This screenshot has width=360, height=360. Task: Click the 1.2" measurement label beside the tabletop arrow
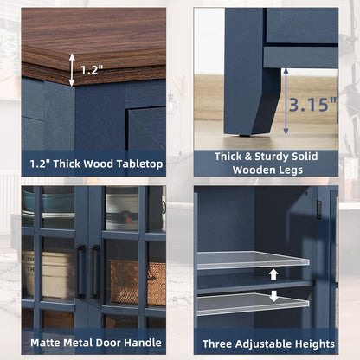coord(92,70)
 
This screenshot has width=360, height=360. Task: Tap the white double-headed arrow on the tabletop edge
coord(72,69)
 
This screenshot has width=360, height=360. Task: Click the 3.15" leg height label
coord(313,105)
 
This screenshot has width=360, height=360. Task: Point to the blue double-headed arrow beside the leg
coord(286,101)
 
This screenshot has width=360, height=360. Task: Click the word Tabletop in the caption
coord(139,164)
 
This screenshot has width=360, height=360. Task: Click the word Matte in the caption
coord(46,343)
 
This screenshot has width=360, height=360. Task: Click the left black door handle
coord(81,271)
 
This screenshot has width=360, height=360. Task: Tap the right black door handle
coord(94,271)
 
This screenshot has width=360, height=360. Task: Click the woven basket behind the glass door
coord(137,283)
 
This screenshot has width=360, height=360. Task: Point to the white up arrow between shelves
coord(273,274)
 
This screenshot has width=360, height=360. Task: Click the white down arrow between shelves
coord(273,296)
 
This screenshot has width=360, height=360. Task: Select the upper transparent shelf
coord(253,260)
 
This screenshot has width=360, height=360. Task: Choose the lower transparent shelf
coord(253,304)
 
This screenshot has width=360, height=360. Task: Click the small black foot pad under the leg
coord(245,134)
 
